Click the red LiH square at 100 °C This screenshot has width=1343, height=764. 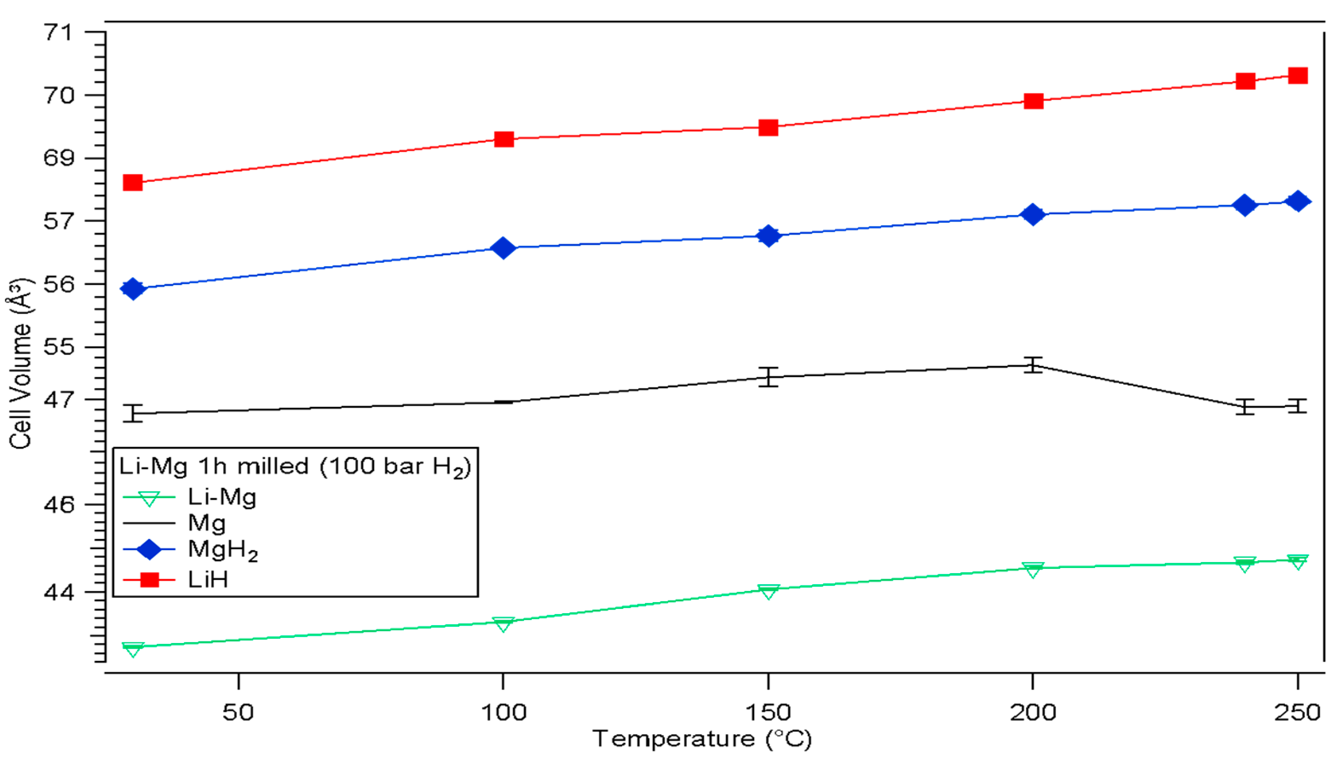click(x=504, y=139)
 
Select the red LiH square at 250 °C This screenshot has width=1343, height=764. click(x=1297, y=75)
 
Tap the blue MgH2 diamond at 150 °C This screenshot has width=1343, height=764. click(x=768, y=236)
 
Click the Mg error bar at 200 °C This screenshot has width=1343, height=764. click(x=1033, y=365)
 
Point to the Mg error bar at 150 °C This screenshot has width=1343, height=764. click(x=768, y=377)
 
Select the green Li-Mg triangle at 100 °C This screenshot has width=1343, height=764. click(x=503, y=624)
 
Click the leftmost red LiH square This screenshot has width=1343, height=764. click(x=133, y=183)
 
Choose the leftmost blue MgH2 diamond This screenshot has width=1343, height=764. click(x=133, y=288)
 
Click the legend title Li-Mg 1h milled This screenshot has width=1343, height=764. click(x=295, y=466)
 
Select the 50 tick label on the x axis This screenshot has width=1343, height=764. click(x=238, y=712)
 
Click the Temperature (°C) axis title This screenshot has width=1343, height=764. click(x=702, y=739)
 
